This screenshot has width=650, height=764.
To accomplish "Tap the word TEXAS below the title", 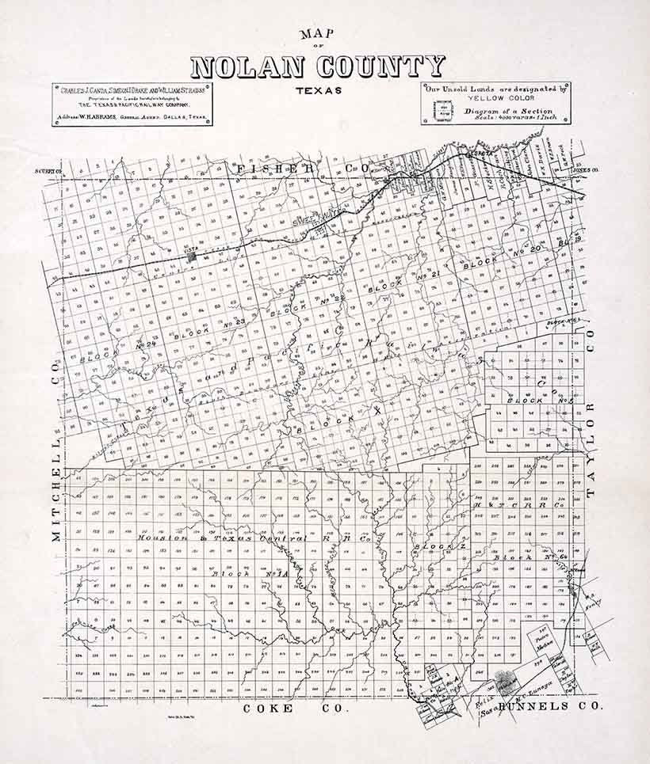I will pos(319,90).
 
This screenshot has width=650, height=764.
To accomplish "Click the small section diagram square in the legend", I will pos(442,110).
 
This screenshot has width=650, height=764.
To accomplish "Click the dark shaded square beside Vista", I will pos(192,256).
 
